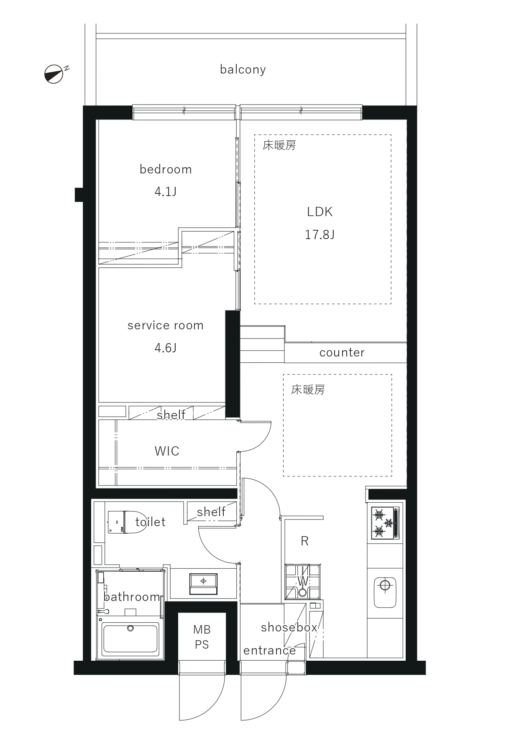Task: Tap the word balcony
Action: (243, 69)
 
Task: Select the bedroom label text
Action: (166, 169)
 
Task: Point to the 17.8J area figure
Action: (320, 234)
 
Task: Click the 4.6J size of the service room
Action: (166, 348)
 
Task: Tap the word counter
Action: (342, 353)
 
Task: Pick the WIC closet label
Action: (167, 451)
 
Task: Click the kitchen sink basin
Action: (385, 593)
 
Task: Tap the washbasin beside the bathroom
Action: (203, 583)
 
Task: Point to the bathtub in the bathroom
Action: (131, 639)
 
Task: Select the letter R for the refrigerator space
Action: (304, 541)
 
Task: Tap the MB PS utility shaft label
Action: (202, 637)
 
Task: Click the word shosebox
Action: (289, 627)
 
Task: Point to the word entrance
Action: (269, 651)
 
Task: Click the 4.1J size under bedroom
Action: (166, 192)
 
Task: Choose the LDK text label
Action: (320, 212)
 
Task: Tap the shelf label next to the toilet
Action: (211, 512)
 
